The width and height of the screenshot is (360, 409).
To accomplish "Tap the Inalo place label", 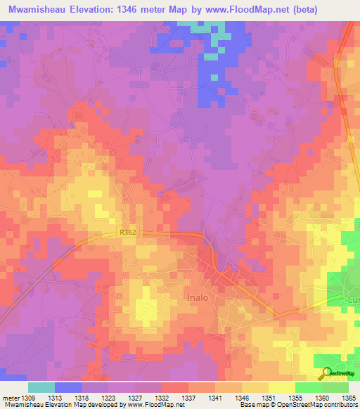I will tap(203, 297).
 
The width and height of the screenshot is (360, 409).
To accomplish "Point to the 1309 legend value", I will tap(28, 398).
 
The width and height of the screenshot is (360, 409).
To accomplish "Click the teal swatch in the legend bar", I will tap(41, 387).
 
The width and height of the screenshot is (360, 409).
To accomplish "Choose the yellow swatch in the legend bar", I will tap(281, 387).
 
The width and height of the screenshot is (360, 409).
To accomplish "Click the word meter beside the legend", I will tap(10, 398).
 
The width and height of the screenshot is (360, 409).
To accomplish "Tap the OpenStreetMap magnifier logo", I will tap(326, 372).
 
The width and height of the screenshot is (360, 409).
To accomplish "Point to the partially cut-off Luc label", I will tap(352, 300).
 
